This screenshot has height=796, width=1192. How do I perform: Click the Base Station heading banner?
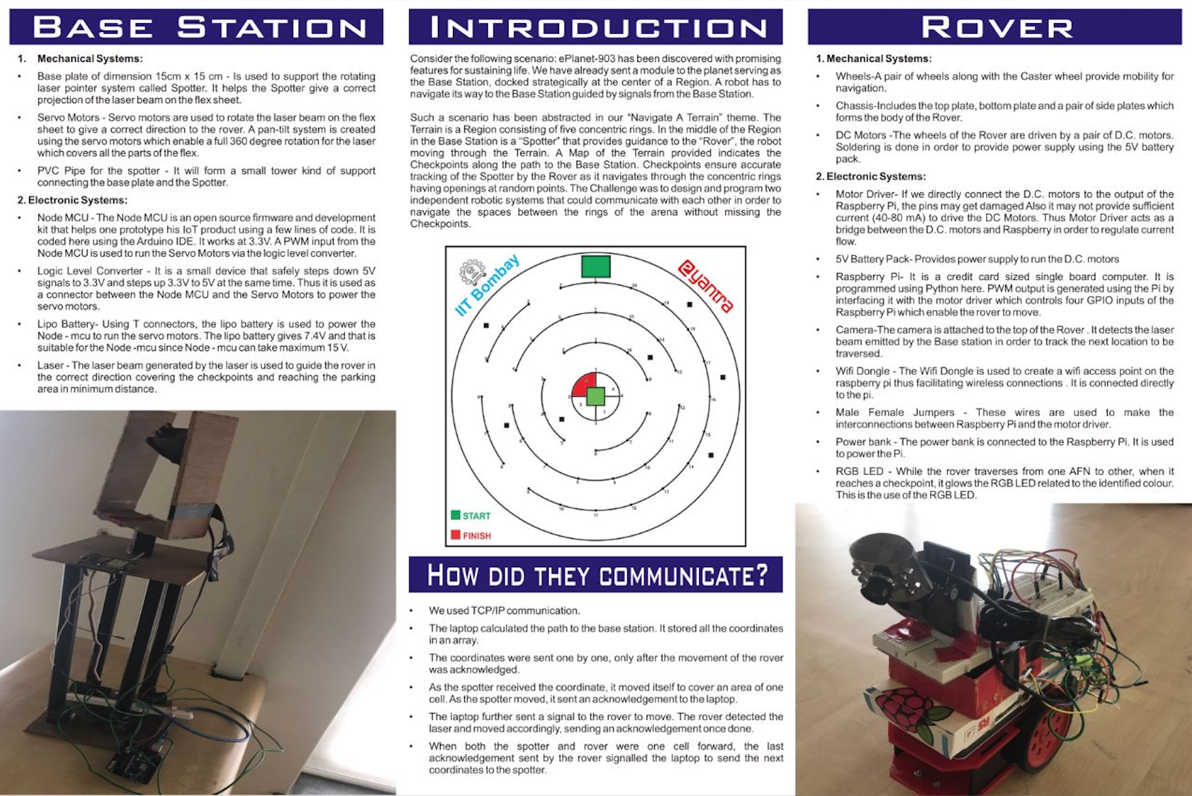tap(196, 27)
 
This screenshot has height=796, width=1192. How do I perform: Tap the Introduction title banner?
tap(595, 27)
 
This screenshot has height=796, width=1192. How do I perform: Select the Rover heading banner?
tap(995, 27)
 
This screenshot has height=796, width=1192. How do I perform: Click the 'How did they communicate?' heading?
tap(595, 575)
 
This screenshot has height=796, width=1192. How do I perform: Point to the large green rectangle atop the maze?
tap(595, 266)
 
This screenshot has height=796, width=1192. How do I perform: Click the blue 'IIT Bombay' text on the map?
tap(487, 286)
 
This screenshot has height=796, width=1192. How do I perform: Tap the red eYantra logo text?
tap(706, 286)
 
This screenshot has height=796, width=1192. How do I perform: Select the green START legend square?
tap(455, 515)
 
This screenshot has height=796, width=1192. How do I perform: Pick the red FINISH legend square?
tap(455, 535)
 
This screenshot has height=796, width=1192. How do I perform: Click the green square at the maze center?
tap(595, 396)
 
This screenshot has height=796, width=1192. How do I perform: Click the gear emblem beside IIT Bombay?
tap(472, 272)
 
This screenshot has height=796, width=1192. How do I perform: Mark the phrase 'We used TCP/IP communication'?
tap(504, 610)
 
